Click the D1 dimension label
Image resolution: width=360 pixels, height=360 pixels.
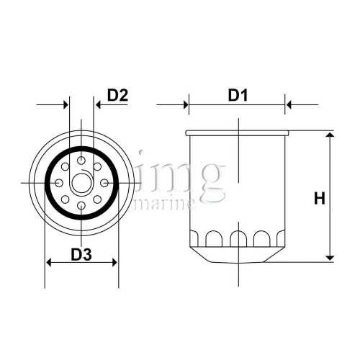tap(238, 94)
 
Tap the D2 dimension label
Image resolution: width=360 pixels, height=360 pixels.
tap(117, 94)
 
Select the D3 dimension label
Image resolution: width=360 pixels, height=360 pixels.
tap(81, 253)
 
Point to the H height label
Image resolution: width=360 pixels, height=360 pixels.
tap(319, 198)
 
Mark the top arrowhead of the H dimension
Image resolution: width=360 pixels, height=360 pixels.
tap(330, 136)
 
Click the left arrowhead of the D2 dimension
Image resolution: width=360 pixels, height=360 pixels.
tap(65, 105)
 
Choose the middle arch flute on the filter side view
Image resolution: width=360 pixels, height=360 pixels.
tap(238, 238)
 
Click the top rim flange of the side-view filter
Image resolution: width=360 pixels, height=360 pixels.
tap(238, 133)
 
